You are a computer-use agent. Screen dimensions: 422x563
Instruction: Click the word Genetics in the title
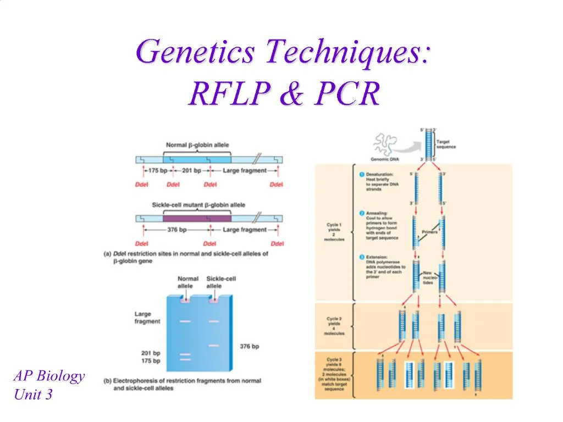pos(196,53)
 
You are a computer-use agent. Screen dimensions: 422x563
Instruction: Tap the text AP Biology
pos(49,376)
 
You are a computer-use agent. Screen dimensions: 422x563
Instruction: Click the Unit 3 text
pos(33,394)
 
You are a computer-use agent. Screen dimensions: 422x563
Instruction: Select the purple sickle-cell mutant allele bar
pos(197,218)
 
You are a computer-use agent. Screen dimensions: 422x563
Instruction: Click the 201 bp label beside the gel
pos(150,353)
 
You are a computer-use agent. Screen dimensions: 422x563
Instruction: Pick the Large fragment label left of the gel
pos(147,318)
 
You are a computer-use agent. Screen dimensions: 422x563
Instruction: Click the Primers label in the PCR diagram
pos(429,232)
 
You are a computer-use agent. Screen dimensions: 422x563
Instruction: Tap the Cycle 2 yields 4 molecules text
pos(334,326)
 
